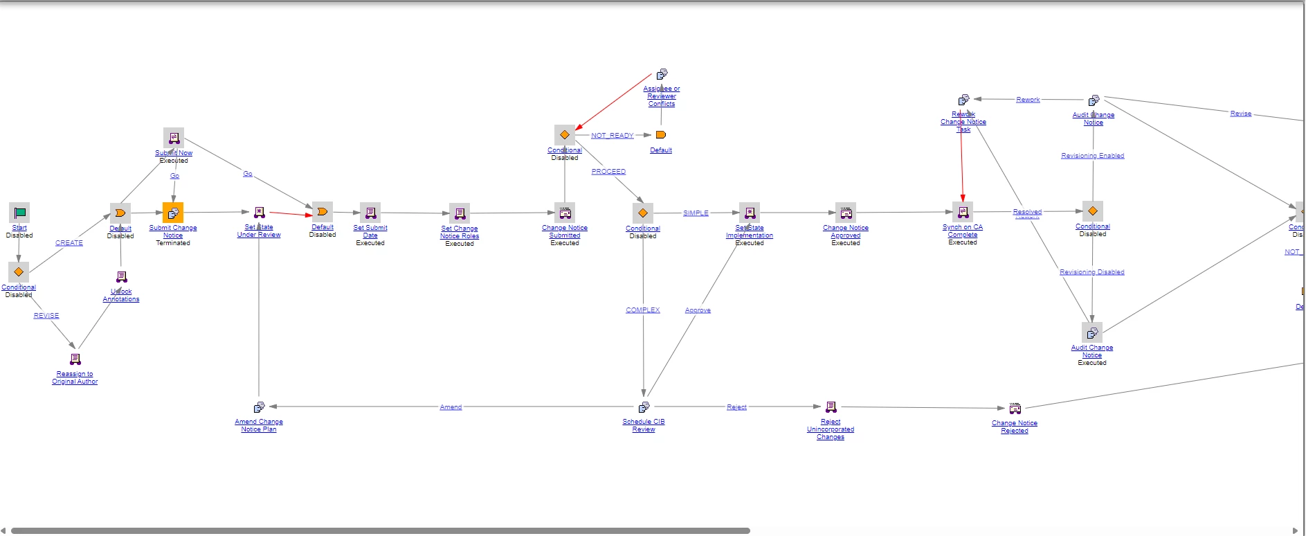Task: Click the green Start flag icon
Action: (x=19, y=213)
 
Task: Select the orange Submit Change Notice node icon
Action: (x=173, y=213)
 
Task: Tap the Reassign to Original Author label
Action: (x=75, y=377)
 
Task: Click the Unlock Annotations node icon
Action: (x=121, y=277)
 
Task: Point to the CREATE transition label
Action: (x=69, y=243)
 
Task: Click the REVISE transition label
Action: (x=46, y=316)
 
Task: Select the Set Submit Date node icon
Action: (x=370, y=213)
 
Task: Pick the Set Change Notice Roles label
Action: (x=460, y=232)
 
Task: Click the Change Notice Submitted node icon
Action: (x=565, y=213)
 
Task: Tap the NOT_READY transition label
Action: (x=612, y=136)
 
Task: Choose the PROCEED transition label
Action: (x=608, y=172)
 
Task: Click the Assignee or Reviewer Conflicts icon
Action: (x=662, y=74)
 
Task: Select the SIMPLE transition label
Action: (x=696, y=213)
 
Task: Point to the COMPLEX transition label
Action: (x=643, y=310)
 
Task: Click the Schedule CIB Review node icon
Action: (x=644, y=407)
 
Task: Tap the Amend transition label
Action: (x=451, y=407)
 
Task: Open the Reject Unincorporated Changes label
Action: (x=831, y=429)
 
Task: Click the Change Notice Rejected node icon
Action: (x=1015, y=409)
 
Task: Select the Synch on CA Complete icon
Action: (x=963, y=212)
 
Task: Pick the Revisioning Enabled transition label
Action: (x=1092, y=156)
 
